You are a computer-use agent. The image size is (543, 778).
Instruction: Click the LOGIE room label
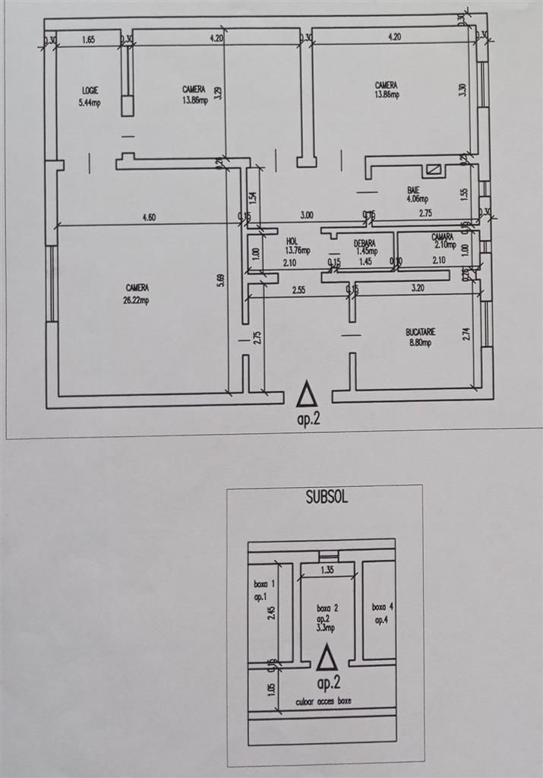(90, 90)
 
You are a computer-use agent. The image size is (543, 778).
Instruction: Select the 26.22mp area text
(137, 299)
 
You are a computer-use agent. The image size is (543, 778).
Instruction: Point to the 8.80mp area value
(418, 343)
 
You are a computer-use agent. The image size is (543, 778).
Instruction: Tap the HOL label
(292, 239)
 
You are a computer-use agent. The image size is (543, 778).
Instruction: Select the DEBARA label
(365, 243)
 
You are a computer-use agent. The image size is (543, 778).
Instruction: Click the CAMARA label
(442, 236)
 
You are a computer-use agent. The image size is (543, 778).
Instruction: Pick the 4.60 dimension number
(149, 217)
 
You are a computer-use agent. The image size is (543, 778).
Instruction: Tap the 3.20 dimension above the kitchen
(418, 289)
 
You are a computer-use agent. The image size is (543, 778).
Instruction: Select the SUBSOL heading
(327, 499)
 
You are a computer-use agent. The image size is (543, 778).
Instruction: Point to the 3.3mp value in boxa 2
(327, 630)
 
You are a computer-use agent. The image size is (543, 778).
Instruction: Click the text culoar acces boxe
(324, 701)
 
